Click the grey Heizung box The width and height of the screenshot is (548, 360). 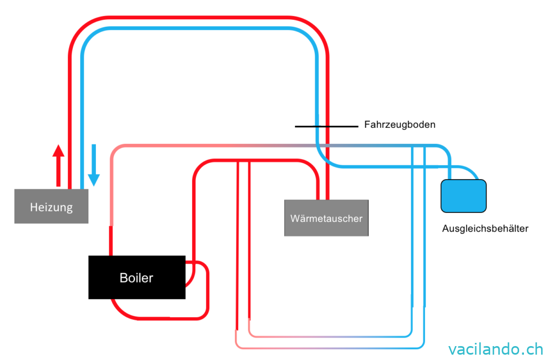click(x=51, y=206)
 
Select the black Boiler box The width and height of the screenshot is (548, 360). click(x=136, y=277)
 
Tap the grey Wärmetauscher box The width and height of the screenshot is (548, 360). click(x=326, y=218)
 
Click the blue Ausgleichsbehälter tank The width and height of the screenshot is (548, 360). click(x=463, y=195)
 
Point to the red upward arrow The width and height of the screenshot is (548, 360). click(x=58, y=165)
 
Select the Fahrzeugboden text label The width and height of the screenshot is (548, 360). click(x=400, y=125)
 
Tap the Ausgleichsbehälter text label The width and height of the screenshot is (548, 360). click(x=485, y=228)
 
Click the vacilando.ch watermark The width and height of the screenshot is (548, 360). click(x=496, y=349)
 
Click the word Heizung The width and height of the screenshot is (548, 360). click(x=51, y=207)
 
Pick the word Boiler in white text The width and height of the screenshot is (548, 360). click(x=136, y=278)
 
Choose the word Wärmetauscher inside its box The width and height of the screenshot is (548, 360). click(x=326, y=218)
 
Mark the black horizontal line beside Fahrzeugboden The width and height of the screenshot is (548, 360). click(x=325, y=127)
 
